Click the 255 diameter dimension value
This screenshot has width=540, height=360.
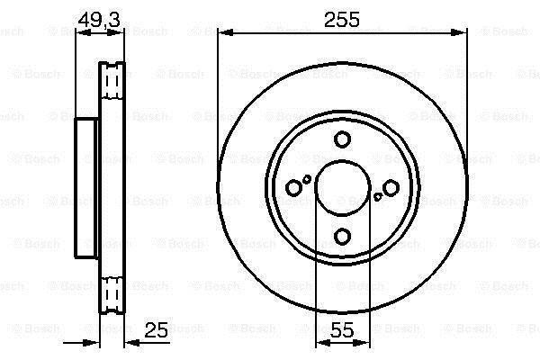point(342,19)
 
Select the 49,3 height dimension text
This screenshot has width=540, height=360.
point(99,20)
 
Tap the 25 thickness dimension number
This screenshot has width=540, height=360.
point(156,329)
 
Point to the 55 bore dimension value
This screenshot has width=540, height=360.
point(342,329)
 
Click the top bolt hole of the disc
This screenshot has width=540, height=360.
point(343,139)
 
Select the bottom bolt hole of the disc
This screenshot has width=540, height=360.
point(343,236)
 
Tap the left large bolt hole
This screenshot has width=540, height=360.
point(293,188)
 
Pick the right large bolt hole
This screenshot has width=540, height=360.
point(391,188)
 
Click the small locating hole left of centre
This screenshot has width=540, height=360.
point(306,179)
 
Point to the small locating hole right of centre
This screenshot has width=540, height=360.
point(378,197)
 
